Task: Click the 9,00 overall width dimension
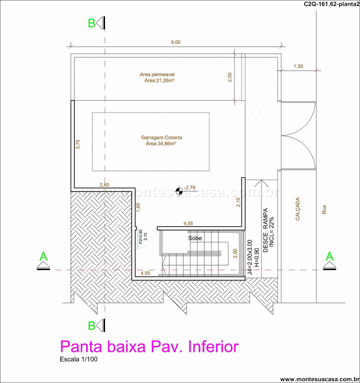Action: [175, 42]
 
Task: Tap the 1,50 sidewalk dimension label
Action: [298, 66]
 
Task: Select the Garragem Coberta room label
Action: [162, 137]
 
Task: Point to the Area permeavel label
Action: [157, 74]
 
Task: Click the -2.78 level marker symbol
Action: [179, 191]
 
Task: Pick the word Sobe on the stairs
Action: [195, 238]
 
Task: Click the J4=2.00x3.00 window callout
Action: [250, 257]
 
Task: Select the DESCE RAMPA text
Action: [266, 230]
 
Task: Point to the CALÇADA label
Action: [298, 209]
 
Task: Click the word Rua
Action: [324, 209]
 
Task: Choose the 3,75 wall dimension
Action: [78, 144]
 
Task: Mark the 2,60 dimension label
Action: [104, 185]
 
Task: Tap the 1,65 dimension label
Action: [138, 207]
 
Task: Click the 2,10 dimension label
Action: [238, 202]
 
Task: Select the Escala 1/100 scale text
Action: [79, 359]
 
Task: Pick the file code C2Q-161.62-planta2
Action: [331, 4]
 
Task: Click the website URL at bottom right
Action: [319, 379]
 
